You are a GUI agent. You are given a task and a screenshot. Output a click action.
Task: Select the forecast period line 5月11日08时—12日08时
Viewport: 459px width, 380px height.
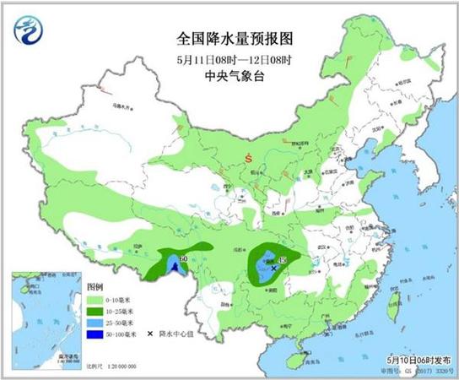(x=229, y=58)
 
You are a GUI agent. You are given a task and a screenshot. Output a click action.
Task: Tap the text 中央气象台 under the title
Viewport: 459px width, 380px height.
(x=229, y=74)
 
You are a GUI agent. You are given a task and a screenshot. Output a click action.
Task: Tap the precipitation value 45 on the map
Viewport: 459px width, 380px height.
(x=283, y=259)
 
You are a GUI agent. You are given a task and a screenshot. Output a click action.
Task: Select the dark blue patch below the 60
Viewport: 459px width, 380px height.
(x=175, y=268)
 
